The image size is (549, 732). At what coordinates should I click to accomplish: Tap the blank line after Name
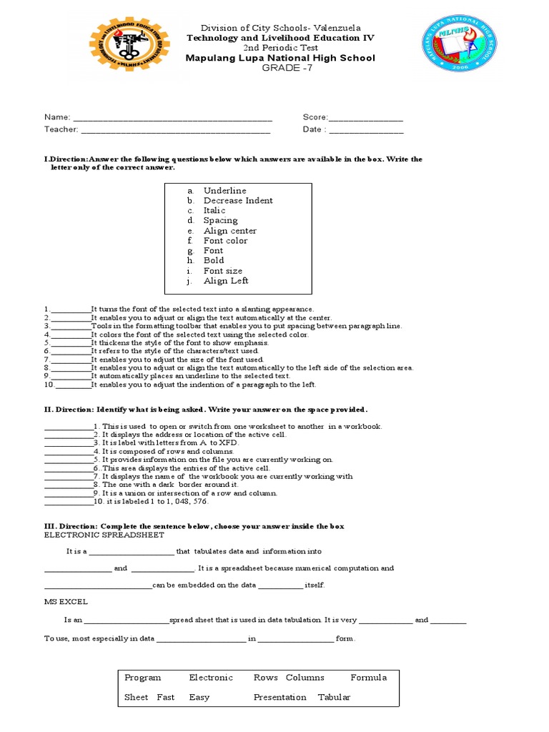(x=172, y=118)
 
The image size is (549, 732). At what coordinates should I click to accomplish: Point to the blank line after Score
(x=365, y=118)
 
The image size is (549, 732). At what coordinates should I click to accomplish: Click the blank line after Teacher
(x=175, y=131)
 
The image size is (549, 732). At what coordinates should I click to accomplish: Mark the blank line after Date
(x=366, y=131)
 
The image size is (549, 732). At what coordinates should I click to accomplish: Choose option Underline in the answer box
(x=224, y=191)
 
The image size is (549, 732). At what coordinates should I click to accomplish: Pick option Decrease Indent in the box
(x=238, y=201)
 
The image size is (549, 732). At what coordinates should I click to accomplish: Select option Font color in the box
(x=225, y=241)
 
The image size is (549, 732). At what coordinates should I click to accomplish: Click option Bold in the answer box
(x=214, y=261)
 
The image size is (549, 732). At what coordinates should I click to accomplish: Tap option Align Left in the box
(x=226, y=281)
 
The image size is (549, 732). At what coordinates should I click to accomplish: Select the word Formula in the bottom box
(x=368, y=678)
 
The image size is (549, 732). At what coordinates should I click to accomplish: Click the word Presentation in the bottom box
(x=280, y=698)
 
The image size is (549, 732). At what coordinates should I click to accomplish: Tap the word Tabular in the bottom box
(x=334, y=698)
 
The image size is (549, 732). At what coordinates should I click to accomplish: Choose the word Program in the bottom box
(x=143, y=678)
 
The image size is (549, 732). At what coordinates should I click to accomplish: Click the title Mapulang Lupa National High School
(x=280, y=58)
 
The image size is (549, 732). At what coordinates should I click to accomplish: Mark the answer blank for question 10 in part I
(x=73, y=385)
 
